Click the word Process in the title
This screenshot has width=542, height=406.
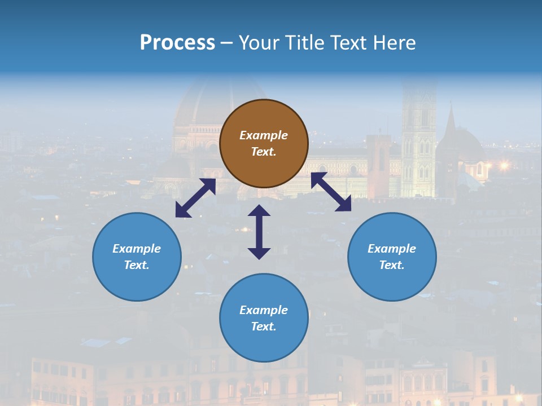coord(177,43)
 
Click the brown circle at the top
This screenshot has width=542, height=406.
coord(264,143)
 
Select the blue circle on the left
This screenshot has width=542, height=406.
coord(137,257)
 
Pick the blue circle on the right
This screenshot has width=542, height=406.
coord(392,257)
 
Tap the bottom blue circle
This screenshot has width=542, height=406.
coord(264,318)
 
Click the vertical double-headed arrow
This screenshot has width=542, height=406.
coord(259,232)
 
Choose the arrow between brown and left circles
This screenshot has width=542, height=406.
coord(195,198)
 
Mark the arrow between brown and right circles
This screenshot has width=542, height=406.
coord(331,192)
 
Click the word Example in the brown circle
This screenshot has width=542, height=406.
coord(264,135)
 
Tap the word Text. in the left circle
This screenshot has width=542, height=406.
coord(137,265)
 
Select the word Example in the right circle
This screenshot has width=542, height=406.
coord(392,249)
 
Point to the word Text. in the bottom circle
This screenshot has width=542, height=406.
coord(264,326)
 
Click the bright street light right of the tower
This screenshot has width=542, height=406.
coord(504,165)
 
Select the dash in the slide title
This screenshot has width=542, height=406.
coord(226,43)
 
